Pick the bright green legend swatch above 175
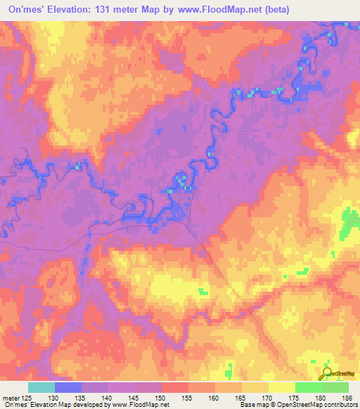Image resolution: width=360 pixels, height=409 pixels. (308, 387)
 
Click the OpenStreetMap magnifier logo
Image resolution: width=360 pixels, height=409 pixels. (327, 373)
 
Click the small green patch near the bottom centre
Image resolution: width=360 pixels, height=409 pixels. (204, 290)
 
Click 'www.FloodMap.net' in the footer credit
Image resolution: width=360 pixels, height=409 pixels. (140, 405)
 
